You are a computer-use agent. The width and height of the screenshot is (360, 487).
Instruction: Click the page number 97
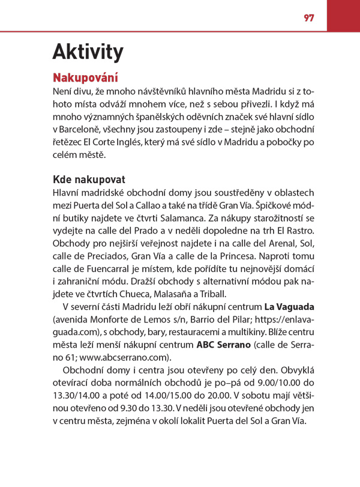tap(308, 17)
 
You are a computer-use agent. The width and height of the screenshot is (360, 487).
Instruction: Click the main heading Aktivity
tap(88, 53)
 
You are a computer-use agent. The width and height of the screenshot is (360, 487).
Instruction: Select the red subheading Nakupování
tap(85, 78)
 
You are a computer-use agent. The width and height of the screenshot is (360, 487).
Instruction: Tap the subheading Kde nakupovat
tap(89, 180)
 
